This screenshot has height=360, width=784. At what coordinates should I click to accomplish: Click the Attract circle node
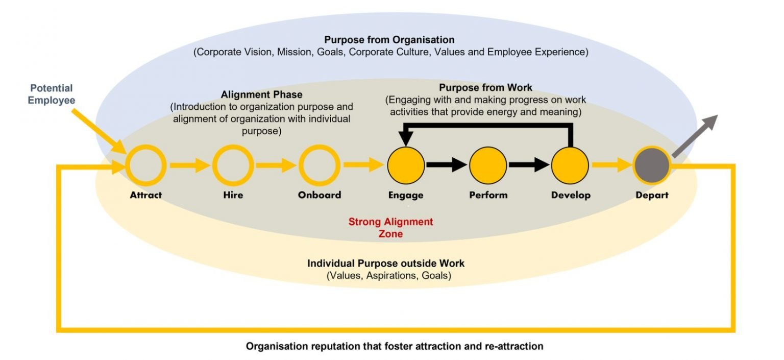(x=146, y=165)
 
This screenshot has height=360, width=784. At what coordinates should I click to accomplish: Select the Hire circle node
(x=233, y=165)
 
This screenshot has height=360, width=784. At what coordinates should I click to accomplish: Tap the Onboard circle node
(x=320, y=165)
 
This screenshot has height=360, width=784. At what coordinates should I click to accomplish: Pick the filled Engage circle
(x=406, y=165)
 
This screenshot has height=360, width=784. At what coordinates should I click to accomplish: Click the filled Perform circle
(x=488, y=165)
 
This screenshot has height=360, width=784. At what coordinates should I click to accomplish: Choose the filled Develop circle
(x=570, y=165)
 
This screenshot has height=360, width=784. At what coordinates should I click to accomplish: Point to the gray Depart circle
(x=652, y=165)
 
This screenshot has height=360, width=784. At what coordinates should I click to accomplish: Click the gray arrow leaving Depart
(x=695, y=136)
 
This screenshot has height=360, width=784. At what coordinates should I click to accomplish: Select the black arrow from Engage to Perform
(x=447, y=165)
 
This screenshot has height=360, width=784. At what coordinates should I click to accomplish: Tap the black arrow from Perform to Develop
(x=529, y=165)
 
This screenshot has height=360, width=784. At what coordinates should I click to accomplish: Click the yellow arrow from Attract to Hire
(x=189, y=165)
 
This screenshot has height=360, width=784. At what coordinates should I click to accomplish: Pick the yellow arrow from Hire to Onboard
(x=276, y=165)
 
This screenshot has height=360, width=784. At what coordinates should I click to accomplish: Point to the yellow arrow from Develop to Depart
(x=611, y=165)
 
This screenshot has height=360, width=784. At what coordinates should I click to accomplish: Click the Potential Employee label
(x=51, y=94)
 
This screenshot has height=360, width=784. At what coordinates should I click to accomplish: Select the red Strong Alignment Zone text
(x=390, y=228)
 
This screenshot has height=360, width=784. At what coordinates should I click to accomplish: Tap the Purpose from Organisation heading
(x=389, y=39)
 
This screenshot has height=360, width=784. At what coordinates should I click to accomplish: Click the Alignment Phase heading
(x=261, y=95)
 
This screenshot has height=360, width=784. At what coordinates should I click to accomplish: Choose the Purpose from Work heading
(x=485, y=87)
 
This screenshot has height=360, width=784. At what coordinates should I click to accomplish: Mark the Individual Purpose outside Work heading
(x=386, y=264)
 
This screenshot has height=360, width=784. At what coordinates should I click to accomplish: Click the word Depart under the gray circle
(x=652, y=195)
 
